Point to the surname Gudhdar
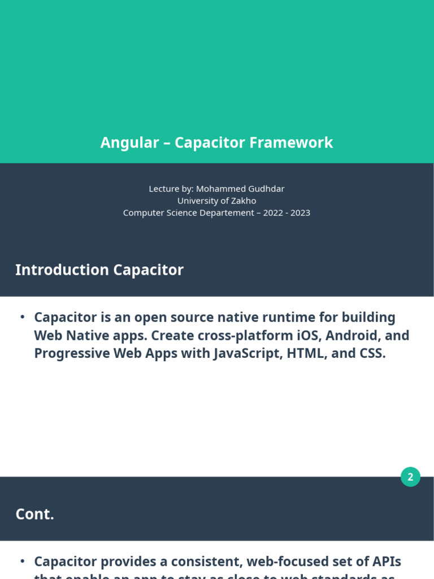click(x=266, y=189)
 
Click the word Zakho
click(x=244, y=201)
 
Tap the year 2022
click(x=273, y=213)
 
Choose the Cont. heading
click(x=34, y=514)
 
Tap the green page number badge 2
click(x=410, y=477)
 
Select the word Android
click(x=353, y=335)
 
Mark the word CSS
click(x=372, y=353)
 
